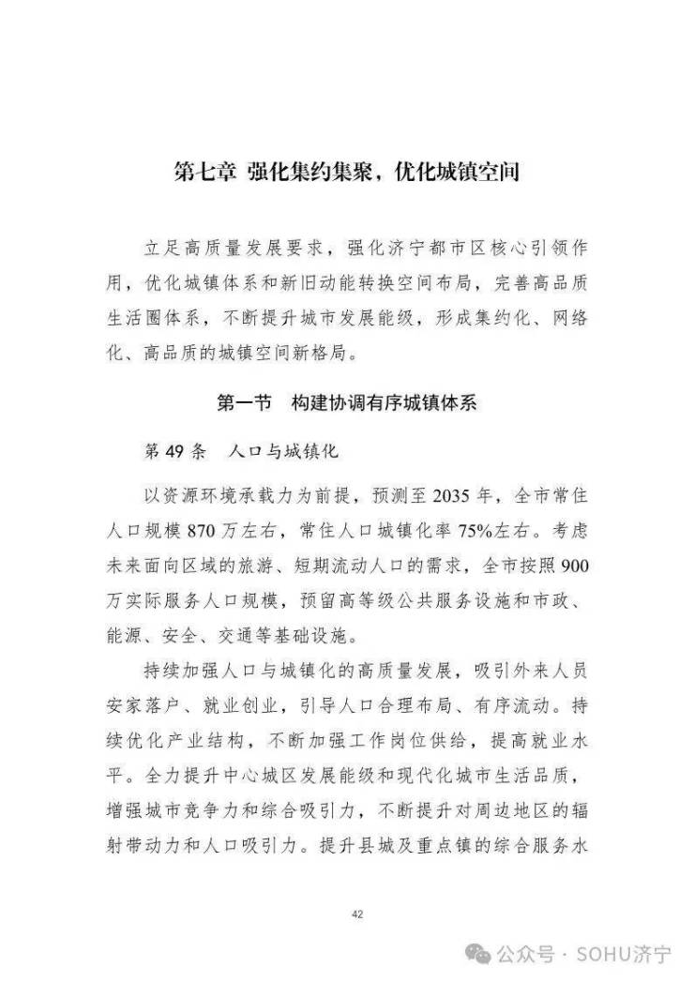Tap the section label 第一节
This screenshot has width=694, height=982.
pos(244,402)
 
